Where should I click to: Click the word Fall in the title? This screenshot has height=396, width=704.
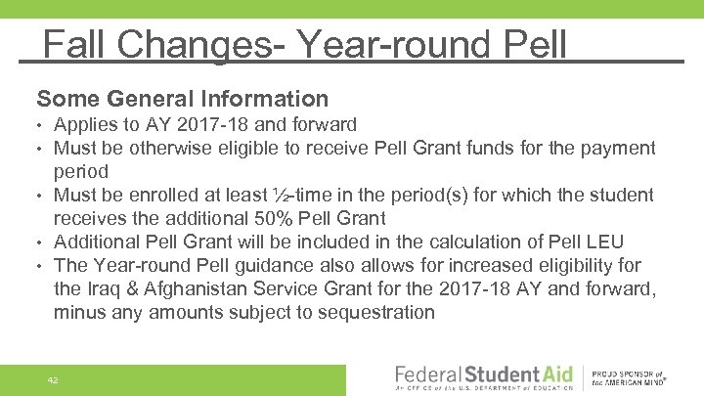click(75, 44)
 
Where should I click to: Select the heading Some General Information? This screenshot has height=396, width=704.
click(182, 99)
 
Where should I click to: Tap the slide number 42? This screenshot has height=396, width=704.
click(52, 379)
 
